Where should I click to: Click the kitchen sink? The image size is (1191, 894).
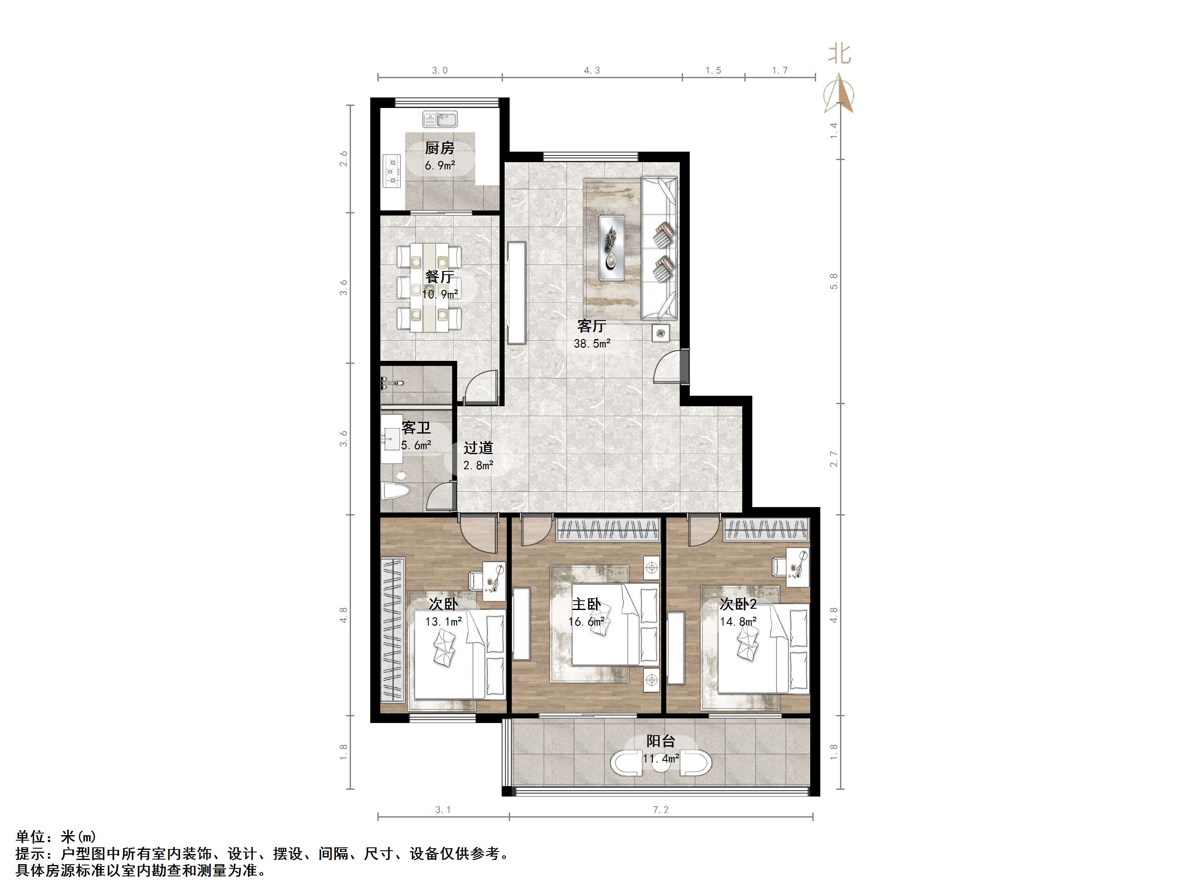coord(440,119)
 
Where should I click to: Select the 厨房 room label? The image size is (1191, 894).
coord(440,147)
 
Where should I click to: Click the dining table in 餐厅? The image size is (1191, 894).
coord(429,288)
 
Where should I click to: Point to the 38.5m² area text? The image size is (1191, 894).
coord(592,343)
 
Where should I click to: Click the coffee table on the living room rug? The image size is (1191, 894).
coord(612,248)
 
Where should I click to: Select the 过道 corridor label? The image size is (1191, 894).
coord(478,448)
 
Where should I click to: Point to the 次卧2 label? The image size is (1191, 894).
coord(738,604)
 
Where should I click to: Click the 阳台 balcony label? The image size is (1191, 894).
coord(661,741)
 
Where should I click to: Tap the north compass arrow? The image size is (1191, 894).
coord(839,93)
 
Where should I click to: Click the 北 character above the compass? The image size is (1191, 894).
coord(839,53)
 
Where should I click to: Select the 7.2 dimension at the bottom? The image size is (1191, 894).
coord(661,810)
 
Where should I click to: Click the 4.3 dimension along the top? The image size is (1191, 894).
coord(592,71)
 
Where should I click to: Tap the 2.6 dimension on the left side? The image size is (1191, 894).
coord(343,158)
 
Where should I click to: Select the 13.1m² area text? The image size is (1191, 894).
coord(444,621)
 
